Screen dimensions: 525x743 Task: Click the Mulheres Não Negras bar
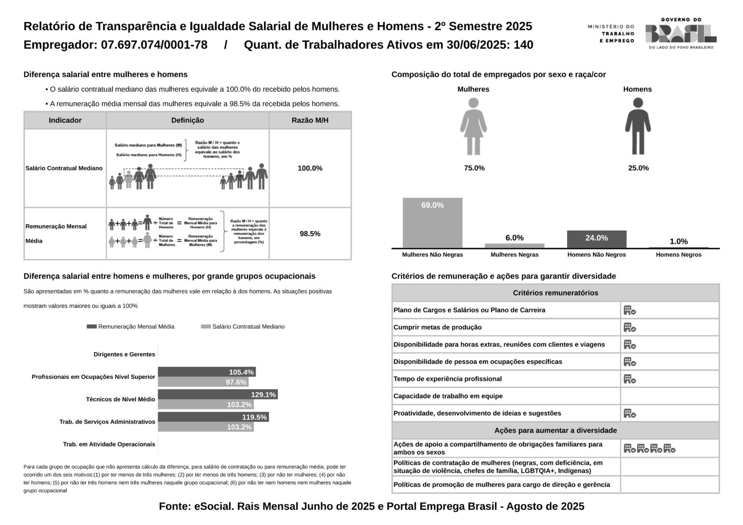pyautogui.click(x=432, y=223)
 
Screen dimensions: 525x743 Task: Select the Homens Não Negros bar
pyautogui.click(x=596, y=239)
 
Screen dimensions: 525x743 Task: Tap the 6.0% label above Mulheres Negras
pyautogui.click(x=514, y=238)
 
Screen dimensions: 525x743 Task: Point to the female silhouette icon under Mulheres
pyautogui.click(x=474, y=126)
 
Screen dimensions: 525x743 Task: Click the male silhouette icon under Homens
pyautogui.click(x=638, y=126)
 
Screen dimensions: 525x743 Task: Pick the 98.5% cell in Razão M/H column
pyautogui.click(x=310, y=234)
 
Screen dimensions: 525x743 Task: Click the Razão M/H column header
pyautogui.click(x=310, y=120)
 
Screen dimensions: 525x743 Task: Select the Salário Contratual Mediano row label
pyautogui.click(x=64, y=168)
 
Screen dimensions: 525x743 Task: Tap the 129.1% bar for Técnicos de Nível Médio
pyautogui.click(x=218, y=394)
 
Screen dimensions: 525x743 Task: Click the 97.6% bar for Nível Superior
pyautogui.click(x=203, y=382)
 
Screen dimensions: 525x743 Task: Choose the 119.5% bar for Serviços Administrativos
pyautogui.click(x=213, y=417)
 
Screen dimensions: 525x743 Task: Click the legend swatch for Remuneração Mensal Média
pyautogui.click(x=91, y=327)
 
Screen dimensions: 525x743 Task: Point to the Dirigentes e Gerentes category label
pyautogui.click(x=124, y=354)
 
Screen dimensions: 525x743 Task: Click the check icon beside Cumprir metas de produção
pyautogui.click(x=629, y=328)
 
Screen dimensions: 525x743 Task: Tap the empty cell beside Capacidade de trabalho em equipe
pyautogui.click(x=669, y=396)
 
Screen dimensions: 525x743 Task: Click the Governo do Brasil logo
pyautogui.click(x=681, y=33)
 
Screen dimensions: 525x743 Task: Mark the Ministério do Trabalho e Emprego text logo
pyautogui.click(x=611, y=34)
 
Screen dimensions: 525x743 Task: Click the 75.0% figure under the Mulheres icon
pyautogui.click(x=474, y=168)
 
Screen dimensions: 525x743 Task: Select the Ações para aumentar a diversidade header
pyautogui.click(x=555, y=430)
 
